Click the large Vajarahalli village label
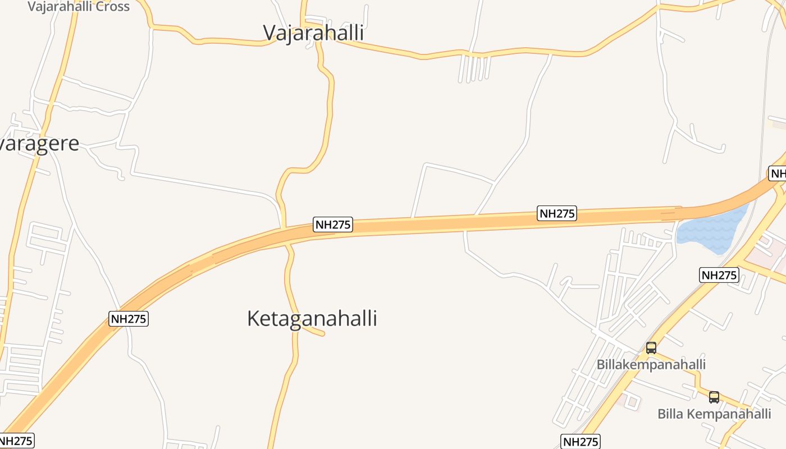click(313, 33)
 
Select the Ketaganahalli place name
click(312, 318)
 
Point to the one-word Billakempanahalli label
click(651, 364)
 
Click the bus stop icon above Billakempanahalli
click(651, 348)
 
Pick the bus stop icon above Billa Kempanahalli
click(714, 397)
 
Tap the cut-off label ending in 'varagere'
click(39, 144)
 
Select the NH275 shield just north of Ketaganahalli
click(333, 225)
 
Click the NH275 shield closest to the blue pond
click(719, 275)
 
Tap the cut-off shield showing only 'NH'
click(778, 173)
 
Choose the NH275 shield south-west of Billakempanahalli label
click(580, 442)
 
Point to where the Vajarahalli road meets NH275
click(284, 228)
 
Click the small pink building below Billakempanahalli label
click(632, 401)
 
